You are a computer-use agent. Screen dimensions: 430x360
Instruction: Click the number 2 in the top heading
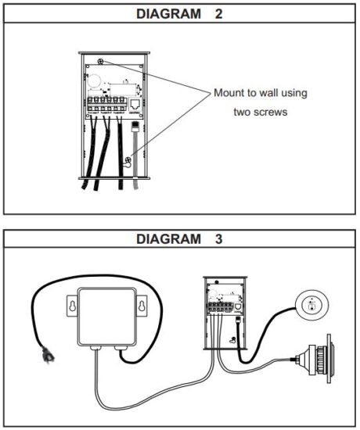(218, 14)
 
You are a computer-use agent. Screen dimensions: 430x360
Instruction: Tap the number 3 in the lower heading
(218, 239)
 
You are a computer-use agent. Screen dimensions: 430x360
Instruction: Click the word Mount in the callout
(230, 94)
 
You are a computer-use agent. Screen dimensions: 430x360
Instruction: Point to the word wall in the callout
(270, 94)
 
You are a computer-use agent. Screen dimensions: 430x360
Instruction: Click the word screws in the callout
(269, 112)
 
